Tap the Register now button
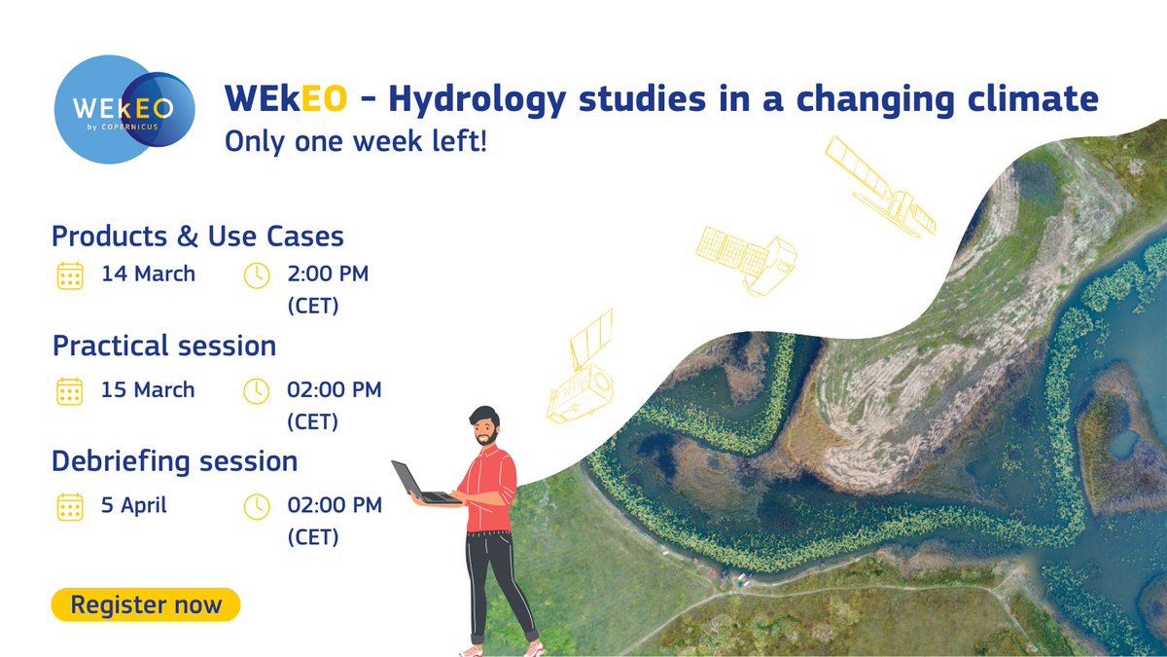click(x=146, y=604)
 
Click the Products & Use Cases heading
click(x=197, y=236)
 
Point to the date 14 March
click(x=148, y=274)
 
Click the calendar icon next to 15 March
click(x=69, y=391)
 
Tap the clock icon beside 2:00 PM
click(x=256, y=275)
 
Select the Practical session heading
click(x=164, y=346)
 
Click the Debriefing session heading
click(x=175, y=460)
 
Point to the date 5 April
click(x=134, y=505)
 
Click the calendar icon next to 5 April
click(x=69, y=506)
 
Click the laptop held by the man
click(x=418, y=484)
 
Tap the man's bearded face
click(x=484, y=428)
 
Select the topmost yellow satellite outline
click(x=878, y=185)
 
